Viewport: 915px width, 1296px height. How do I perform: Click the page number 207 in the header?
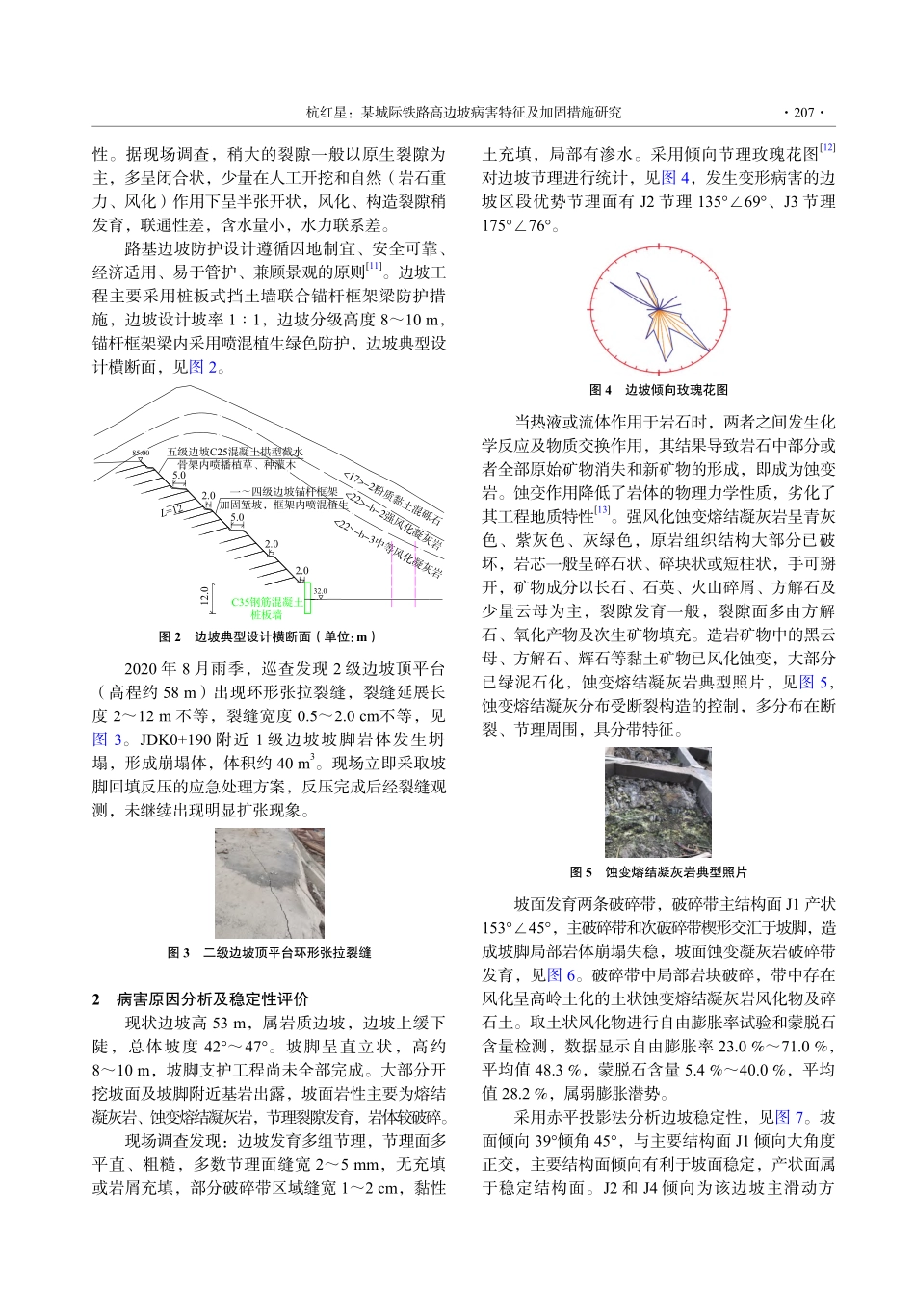coord(803,112)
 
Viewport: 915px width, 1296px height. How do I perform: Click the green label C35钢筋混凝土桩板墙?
coord(266,609)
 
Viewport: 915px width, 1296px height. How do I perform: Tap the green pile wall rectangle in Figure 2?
coord(309,603)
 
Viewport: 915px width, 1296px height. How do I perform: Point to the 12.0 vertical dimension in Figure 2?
coord(203,596)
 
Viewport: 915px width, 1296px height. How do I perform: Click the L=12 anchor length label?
coord(171,510)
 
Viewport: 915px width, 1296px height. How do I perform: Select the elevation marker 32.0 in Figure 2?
coord(321,591)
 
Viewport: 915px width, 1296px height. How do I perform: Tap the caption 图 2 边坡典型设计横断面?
coord(268,636)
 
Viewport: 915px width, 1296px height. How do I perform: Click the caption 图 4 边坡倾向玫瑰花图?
coord(659,390)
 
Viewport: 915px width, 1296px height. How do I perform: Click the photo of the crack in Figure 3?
coord(269,883)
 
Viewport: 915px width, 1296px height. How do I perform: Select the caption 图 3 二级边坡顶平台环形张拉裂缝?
coord(269,952)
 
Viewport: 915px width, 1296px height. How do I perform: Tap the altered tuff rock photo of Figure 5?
coord(658,802)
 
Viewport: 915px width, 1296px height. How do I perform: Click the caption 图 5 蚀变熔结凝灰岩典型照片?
coord(659,872)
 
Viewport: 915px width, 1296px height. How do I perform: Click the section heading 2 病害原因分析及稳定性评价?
coord(200,998)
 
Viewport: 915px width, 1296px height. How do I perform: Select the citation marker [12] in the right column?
coord(827,148)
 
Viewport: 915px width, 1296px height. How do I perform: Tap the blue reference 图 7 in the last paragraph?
coord(789,1117)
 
